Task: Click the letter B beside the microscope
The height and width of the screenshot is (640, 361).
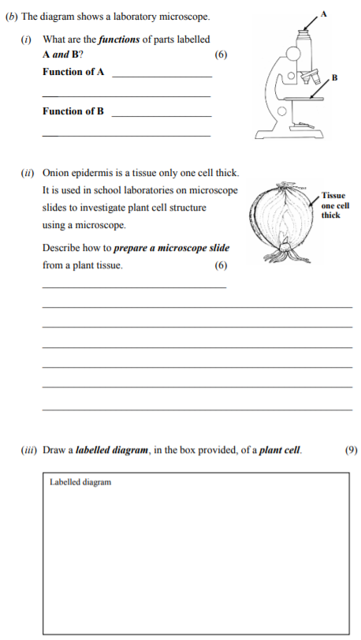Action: pyautogui.click(x=334, y=77)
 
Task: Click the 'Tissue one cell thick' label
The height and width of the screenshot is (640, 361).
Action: pyautogui.click(x=335, y=204)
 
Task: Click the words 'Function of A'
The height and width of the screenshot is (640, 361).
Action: pyautogui.click(x=73, y=72)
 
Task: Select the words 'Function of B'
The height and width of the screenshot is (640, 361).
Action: pyautogui.click(x=73, y=111)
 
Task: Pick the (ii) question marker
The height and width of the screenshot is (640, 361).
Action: pyautogui.click(x=27, y=171)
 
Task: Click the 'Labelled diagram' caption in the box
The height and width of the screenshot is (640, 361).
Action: pyautogui.click(x=80, y=482)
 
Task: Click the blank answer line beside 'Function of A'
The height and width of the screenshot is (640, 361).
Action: pyautogui.click(x=162, y=76)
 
